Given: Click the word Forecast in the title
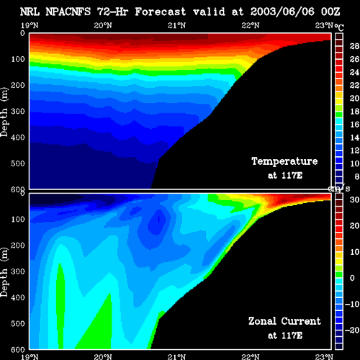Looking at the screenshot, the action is tap(161, 12).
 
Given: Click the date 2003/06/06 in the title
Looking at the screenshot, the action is tap(282, 12).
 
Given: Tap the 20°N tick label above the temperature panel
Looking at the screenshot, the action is tap(103, 25).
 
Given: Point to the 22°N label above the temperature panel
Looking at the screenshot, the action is tap(251, 25).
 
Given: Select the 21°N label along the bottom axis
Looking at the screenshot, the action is tap(176, 356).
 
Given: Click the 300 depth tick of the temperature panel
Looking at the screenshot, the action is tap(18, 111).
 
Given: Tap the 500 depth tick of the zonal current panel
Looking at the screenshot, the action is tap(18, 323).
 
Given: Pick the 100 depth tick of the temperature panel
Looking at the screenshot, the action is tap(18, 59).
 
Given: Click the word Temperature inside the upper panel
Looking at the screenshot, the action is tap(284, 161).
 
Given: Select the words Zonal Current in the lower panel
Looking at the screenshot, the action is tap(284, 321).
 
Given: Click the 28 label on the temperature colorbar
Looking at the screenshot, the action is tap(354, 46).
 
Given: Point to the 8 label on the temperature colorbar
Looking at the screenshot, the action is tap(357, 176).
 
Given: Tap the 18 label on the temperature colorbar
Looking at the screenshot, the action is tap(354, 112).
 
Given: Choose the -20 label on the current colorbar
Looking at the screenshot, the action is tap(352, 330).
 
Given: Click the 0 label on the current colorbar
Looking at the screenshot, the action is tap(352, 278).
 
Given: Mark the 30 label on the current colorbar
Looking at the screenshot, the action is tap(354, 199).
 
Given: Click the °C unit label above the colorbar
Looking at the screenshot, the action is tap(339, 27).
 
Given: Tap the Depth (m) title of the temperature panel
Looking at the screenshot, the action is tap(4, 112).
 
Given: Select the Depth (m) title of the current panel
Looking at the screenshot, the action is tap(4, 272).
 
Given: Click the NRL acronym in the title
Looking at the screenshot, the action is tap(30, 12).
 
